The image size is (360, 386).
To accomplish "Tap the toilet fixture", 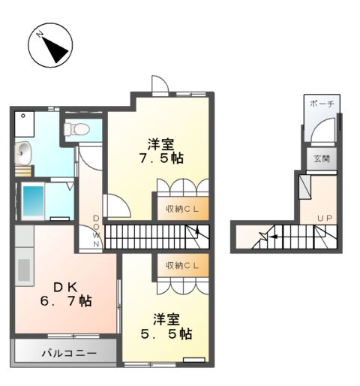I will coord(76,129).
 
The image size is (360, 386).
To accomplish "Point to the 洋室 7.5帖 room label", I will coord(160,150).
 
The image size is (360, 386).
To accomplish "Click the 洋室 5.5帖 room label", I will coord(169,324).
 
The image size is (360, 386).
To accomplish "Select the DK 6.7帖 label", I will coord(66,293).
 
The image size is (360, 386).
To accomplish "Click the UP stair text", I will coord(324,219).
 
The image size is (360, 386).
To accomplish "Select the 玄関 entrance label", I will coord(321,158).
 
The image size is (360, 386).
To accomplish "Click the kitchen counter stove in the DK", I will coord(22,267).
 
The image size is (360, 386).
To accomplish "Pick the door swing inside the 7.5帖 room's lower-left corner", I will coord(115,205).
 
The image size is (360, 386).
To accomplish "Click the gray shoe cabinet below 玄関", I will coord(304,185).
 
